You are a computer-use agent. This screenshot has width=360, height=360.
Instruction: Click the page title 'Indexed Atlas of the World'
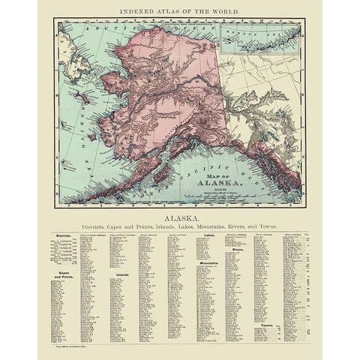(x=180, y=13)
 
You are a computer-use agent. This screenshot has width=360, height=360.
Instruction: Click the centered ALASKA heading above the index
(x=180, y=213)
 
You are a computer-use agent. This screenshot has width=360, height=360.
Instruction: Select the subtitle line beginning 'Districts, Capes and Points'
(x=180, y=223)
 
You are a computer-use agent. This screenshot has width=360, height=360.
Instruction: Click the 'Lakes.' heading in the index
(x=211, y=234)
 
